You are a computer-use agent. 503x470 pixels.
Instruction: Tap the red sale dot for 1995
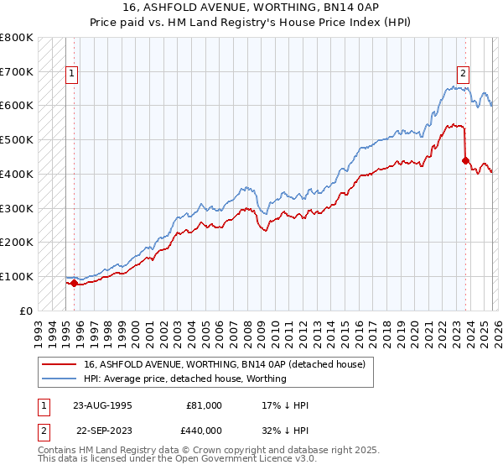point(74,283)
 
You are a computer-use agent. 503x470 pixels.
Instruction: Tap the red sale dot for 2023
point(465,159)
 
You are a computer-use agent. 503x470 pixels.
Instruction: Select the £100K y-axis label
point(17,276)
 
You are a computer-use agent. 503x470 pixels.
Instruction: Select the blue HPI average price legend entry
point(184,379)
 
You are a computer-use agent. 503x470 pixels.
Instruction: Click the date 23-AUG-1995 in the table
point(103,405)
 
